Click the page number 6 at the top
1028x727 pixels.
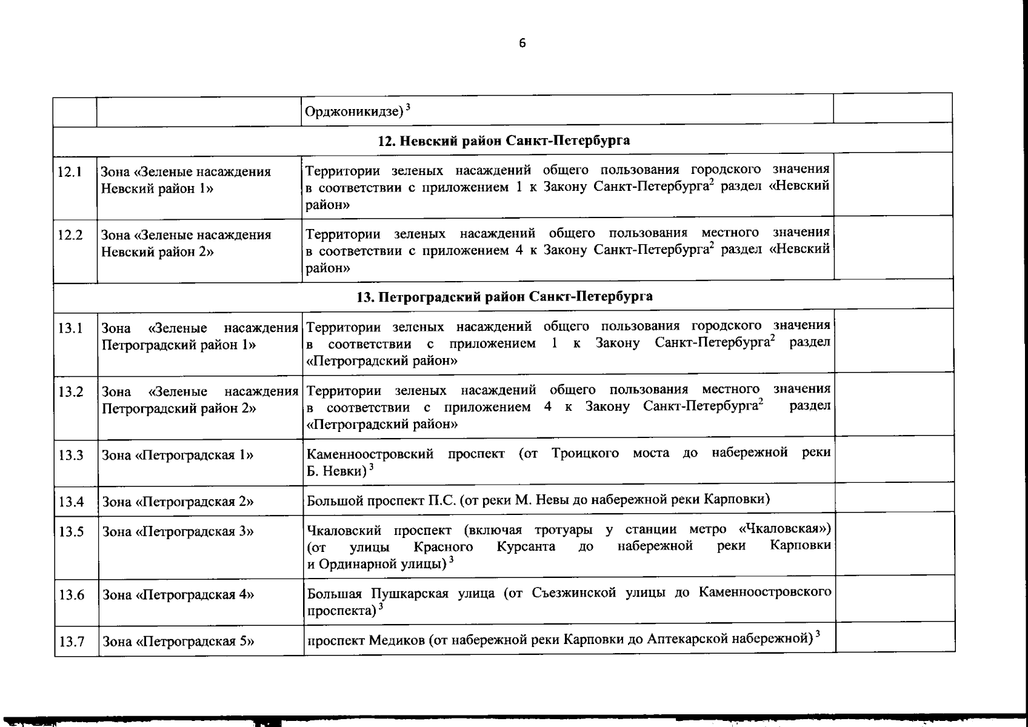(522, 42)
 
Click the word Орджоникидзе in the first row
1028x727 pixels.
(354, 111)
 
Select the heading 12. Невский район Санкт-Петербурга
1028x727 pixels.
(504, 141)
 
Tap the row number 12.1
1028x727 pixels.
(70, 171)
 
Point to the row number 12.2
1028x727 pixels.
(70, 234)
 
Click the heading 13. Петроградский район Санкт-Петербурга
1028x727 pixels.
(504, 296)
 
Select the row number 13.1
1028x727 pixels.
(70, 328)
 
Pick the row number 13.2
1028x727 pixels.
(70, 391)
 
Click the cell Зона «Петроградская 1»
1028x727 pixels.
(178, 455)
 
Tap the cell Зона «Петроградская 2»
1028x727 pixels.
(178, 502)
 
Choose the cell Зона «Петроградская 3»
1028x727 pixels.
(178, 531)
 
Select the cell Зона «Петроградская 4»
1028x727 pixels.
(178, 594)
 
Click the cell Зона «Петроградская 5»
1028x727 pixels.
(178, 641)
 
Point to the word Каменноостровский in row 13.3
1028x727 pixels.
(370, 454)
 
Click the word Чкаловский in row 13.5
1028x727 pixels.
(344, 530)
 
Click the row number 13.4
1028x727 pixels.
(70, 502)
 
